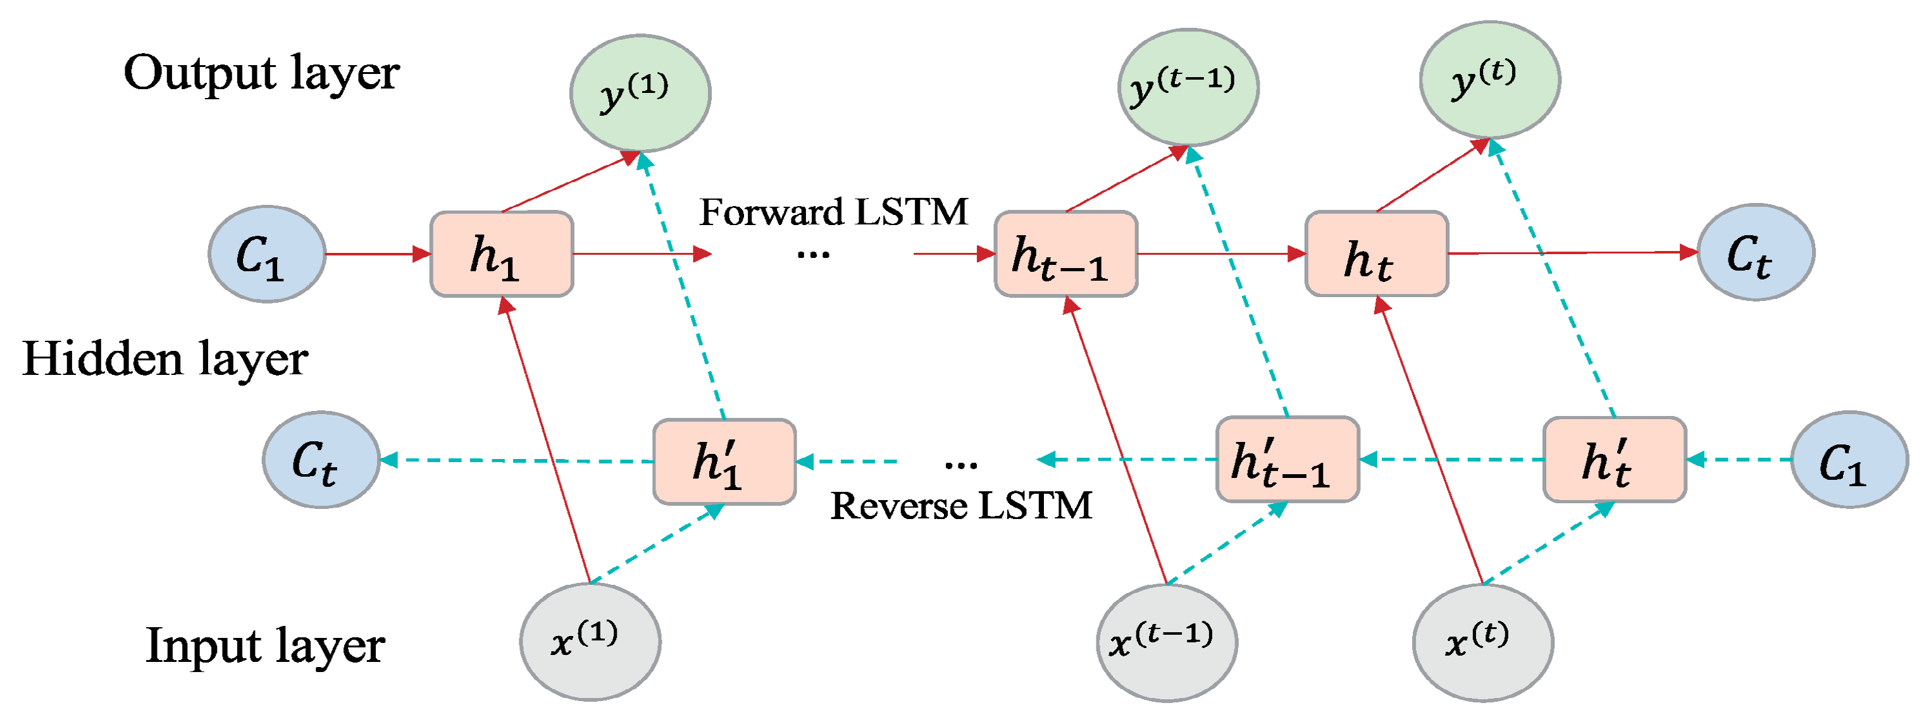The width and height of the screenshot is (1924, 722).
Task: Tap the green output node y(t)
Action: (x=1489, y=80)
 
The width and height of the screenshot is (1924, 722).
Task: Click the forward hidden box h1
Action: (x=501, y=254)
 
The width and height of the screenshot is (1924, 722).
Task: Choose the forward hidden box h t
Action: (x=1376, y=254)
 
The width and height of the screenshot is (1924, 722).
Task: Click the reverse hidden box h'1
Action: (x=724, y=462)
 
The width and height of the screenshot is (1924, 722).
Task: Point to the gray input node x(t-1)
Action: (x=1166, y=643)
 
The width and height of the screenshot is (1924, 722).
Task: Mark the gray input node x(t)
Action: (x=1482, y=643)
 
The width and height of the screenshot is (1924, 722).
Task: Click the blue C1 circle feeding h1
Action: (x=266, y=254)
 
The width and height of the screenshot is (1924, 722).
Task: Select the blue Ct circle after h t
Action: (x=1755, y=252)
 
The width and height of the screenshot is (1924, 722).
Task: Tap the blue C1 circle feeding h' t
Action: (x=1849, y=460)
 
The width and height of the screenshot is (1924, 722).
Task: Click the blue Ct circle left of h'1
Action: (x=320, y=460)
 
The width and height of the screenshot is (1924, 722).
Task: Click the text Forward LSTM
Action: (x=833, y=212)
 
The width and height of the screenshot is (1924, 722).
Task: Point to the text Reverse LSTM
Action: (x=960, y=506)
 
